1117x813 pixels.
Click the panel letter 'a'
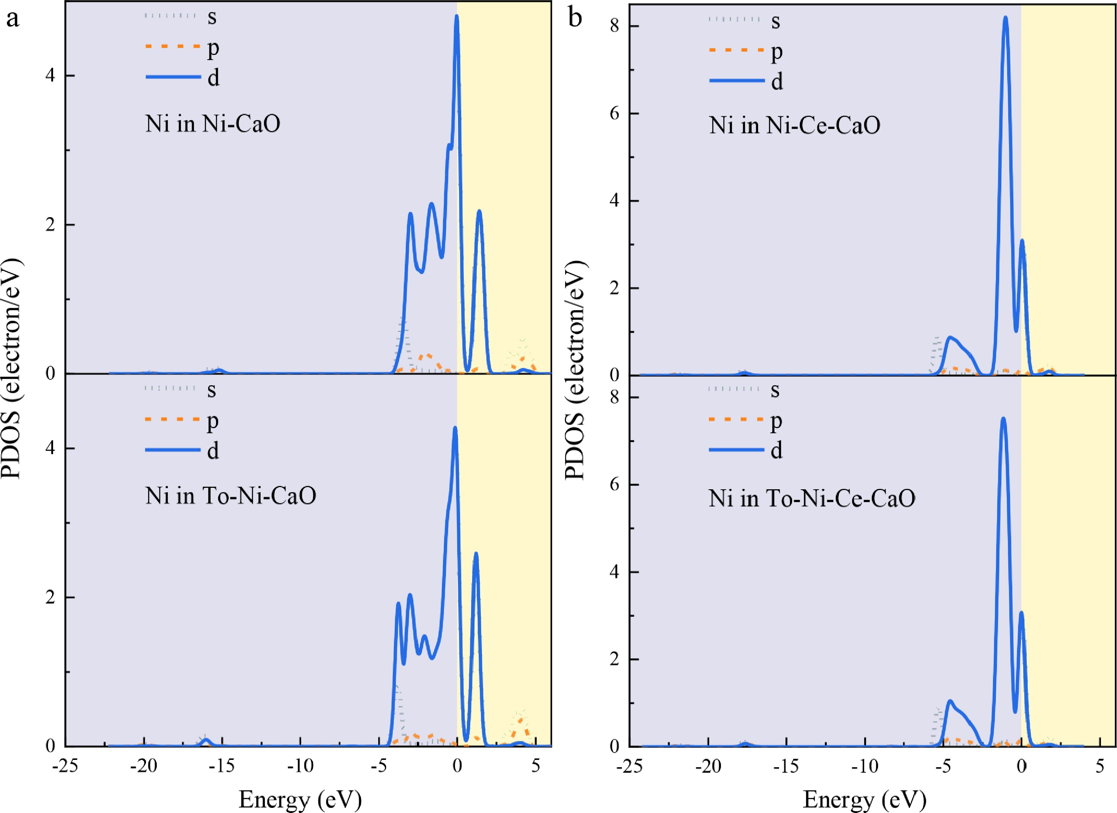coord(13,19)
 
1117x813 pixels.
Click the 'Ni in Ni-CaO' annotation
coord(212,124)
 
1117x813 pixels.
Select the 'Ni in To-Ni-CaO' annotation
coord(231,496)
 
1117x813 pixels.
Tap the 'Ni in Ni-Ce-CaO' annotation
coord(794,125)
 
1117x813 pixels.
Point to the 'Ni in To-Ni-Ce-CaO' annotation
coord(811,498)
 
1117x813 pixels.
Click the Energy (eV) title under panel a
coord(300,800)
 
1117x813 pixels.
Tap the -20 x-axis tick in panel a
coord(143,767)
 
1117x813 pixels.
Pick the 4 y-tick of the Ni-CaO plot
coord(50,75)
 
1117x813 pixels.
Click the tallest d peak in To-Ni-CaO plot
coord(455,428)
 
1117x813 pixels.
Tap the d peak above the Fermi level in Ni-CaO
coord(479,211)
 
